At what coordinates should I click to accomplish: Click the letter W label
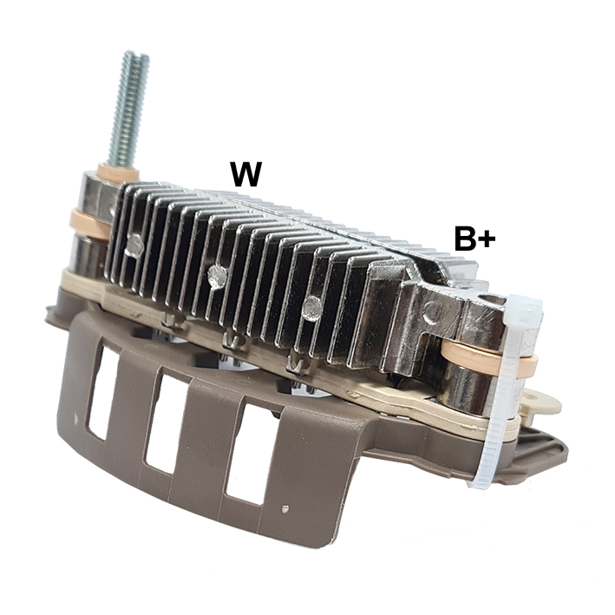click(246, 173)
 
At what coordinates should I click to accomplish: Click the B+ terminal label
click(474, 238)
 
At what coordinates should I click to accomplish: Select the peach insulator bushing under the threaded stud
click(118, 172)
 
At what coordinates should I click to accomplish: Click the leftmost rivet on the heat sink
click(134, 245)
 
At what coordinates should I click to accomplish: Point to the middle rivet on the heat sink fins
click(217, 276)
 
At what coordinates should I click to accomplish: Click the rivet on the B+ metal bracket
click(434, 311)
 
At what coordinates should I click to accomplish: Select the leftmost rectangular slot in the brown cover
click(103, 394)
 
